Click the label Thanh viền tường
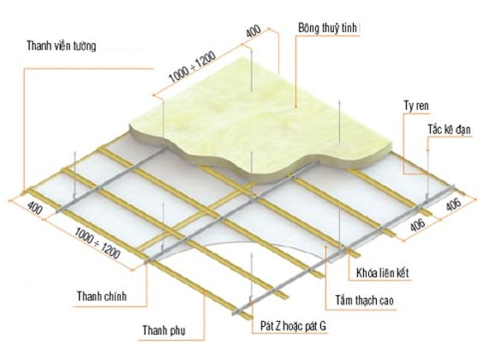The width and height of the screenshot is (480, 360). pyautogui.click(x=62, y=46)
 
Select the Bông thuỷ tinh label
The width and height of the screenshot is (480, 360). pyautogui.click(x=328, y=28)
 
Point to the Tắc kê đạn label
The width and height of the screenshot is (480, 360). pyautogui.click(x=449, y=130)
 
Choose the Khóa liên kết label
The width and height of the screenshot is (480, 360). pyautogui.click(x=383, y=273)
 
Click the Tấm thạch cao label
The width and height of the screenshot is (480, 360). pyautogui.click(x=364, y=301)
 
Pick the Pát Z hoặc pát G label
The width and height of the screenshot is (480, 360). pyautogui.click(x=293, y=326)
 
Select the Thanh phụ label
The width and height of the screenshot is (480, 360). pyautogui.click(x=164, y=331)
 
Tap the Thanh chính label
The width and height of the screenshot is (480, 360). pyautogui.click(x=101, y=296)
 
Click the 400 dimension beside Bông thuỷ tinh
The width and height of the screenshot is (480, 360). pyautogui.click(x=253, y=31)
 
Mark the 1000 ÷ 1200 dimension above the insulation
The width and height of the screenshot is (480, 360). pyautogui.click(x=193, y=67)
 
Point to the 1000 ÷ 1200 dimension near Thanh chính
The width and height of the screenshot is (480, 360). pyautogui.click(x=97, y=244)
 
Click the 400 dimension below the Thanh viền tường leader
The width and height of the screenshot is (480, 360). pyautogui.click(x=35, y=208)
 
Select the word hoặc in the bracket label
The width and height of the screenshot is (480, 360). pyautogui.click(x=293, y=326)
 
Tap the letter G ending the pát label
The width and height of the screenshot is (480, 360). pyautogui.click(x=323, y=326)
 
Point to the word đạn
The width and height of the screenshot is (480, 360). pyautogui.click(x=462, y=130)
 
